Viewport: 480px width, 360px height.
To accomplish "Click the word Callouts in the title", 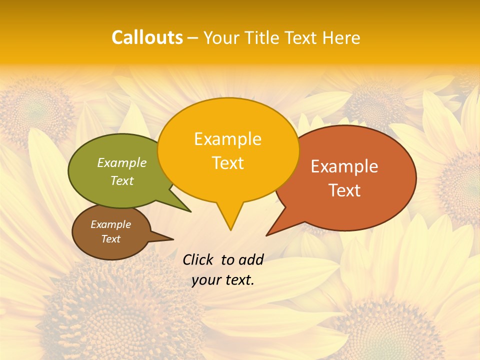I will pyautogui.click(x=147, y=37).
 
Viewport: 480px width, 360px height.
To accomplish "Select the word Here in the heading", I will pyautogui.click(x=341, y=37).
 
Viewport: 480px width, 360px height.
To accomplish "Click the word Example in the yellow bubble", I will pyautogui.click(x=227, y=139).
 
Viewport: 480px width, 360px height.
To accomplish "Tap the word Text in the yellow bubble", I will pyautogui.click(x=227, y=163).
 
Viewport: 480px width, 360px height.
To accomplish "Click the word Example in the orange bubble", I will pyautogui.click(x=344, y=166).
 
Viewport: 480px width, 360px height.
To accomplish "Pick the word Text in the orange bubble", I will pyautogui.click(x=344, y=190).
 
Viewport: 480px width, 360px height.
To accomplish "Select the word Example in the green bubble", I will pyautogui.click(x=122, y=162).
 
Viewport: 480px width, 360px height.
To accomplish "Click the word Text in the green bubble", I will pyautogui.click(x=122, y=180).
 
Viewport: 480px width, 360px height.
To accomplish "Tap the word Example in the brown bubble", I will pyautogui.click(x=110, y=224).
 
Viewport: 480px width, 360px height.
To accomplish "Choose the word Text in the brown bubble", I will pyautogui.click(x=110, y=239).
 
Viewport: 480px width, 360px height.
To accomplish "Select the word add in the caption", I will pyautogui.click(x=251, y=259).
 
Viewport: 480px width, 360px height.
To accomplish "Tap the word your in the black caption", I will pyautogui.click(x=206, y=280).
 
